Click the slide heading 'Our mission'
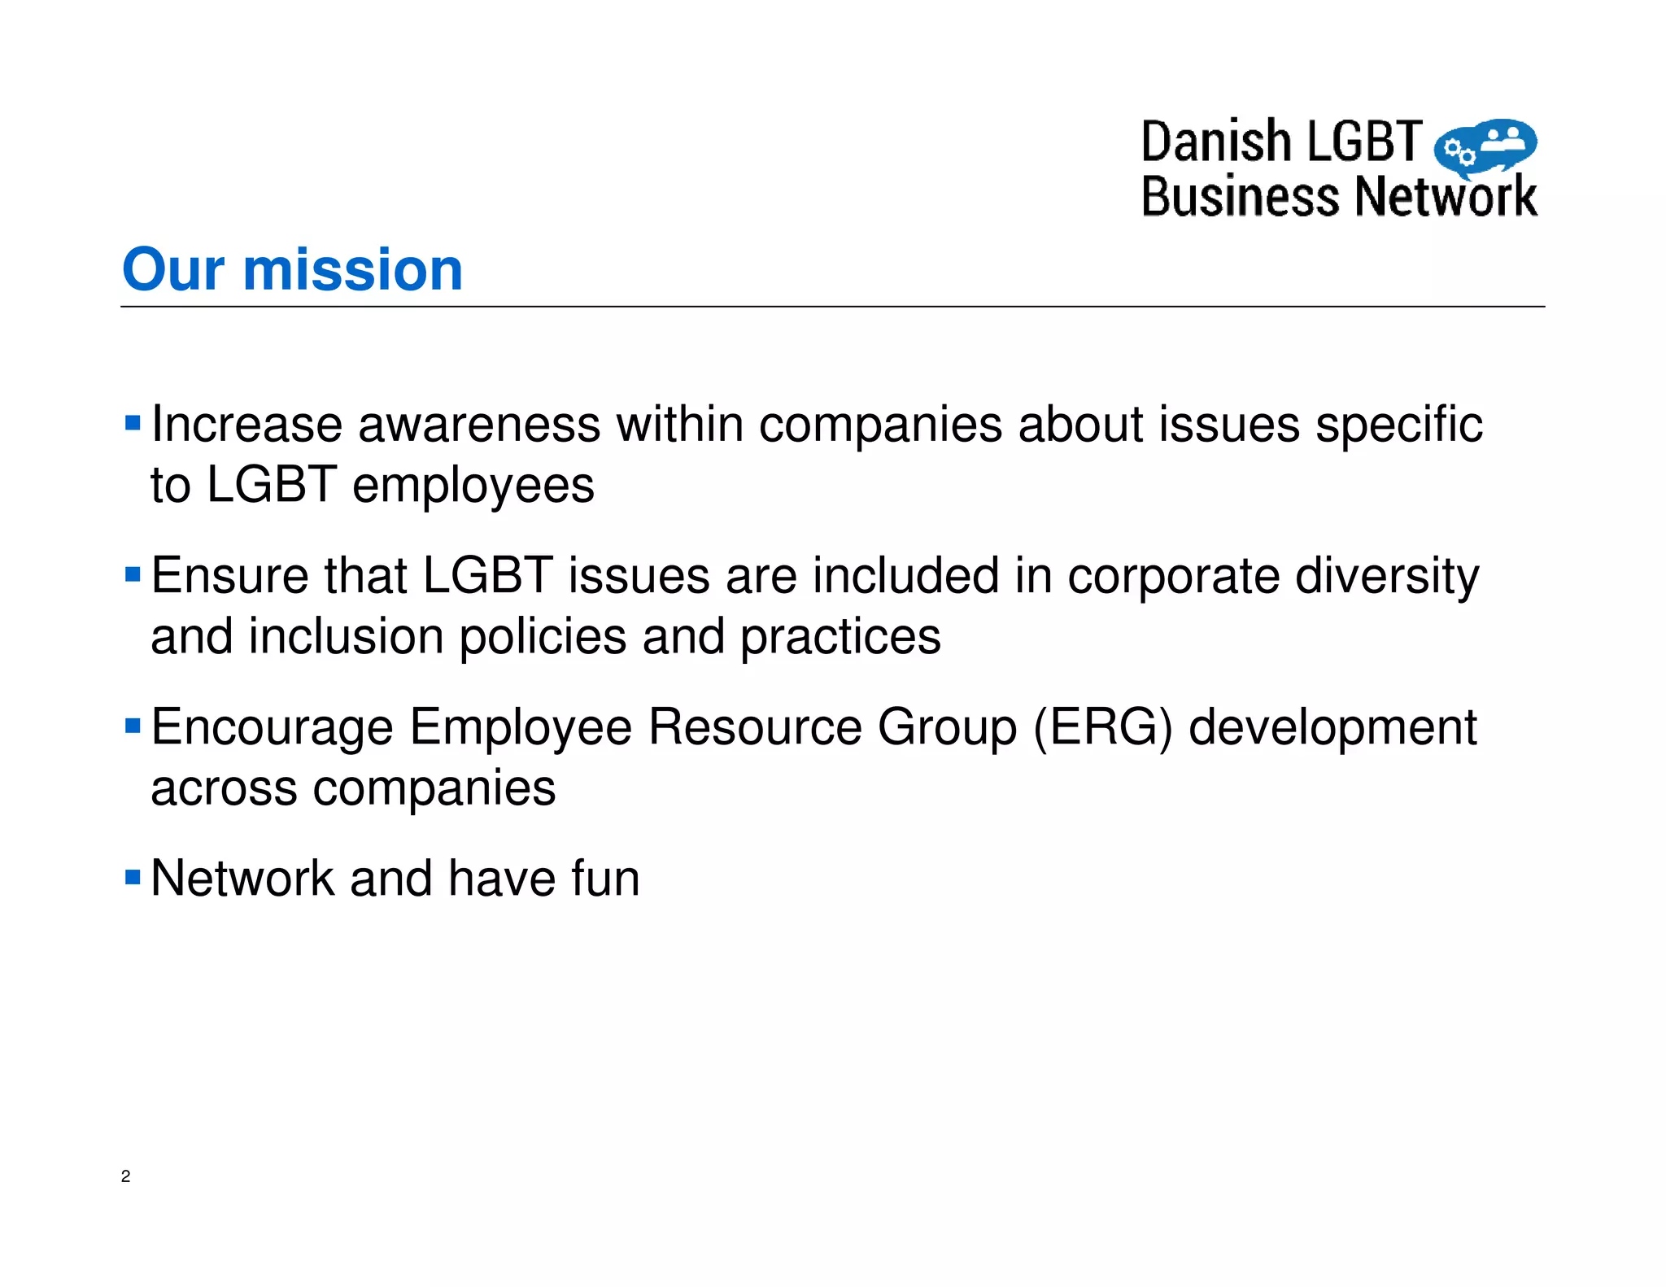point(292,269)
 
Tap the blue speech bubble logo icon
point(1485,147)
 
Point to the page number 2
point(125,1176)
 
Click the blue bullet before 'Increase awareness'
point(133,423)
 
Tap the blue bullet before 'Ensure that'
point(133,575)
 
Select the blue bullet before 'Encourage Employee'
point(133,726)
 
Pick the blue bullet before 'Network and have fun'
point(133,877)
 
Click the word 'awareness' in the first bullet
point(478,425)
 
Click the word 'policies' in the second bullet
point(543,638)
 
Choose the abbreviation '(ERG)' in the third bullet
point(1103,727)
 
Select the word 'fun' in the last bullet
point(605,879)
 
